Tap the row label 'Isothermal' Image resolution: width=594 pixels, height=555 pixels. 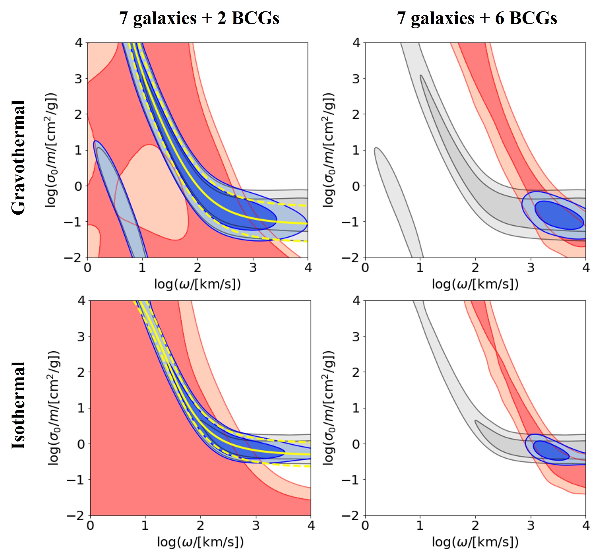point(19,405)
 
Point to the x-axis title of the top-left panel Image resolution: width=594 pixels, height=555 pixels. point(197,284)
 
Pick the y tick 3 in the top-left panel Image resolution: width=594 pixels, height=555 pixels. point(78,79)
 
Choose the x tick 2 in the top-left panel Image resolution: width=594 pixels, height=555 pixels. point(197,267)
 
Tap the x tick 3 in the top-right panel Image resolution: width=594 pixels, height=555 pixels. point(531,267)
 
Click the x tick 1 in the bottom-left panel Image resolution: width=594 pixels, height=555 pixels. point(145,525)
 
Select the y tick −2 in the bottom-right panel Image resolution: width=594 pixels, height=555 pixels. point(351,516)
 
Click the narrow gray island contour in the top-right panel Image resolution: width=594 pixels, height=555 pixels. point(397,197)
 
